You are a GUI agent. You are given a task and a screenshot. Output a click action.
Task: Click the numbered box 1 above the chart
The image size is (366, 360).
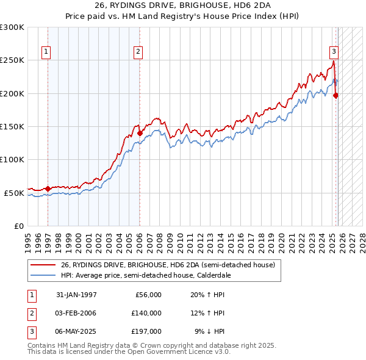point(47,52)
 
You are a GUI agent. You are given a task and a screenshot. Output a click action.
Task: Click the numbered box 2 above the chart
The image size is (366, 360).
point(138,52)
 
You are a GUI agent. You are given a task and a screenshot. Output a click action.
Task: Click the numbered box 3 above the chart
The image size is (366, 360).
point(334,52)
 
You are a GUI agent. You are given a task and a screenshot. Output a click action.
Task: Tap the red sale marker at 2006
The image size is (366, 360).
point(140,133)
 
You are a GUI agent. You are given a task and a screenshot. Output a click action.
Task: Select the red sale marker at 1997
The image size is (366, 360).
point(48,189)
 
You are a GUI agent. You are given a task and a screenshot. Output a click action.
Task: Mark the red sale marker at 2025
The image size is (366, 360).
point(336,95)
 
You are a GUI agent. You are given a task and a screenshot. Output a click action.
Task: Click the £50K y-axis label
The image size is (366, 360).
point(14,193)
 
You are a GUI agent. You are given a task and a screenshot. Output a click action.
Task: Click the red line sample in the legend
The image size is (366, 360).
point(43,265)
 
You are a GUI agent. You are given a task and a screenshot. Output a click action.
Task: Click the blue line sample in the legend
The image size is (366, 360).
point(43,275)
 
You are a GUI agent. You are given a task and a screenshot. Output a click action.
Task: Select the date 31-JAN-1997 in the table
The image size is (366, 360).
point(76,295)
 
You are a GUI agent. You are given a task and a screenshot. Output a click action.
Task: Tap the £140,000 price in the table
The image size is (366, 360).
point(146,313)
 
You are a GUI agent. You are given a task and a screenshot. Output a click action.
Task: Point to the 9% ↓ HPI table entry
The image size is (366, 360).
point(209,331)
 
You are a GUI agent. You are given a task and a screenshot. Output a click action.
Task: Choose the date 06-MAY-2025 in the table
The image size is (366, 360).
point(76,331)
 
